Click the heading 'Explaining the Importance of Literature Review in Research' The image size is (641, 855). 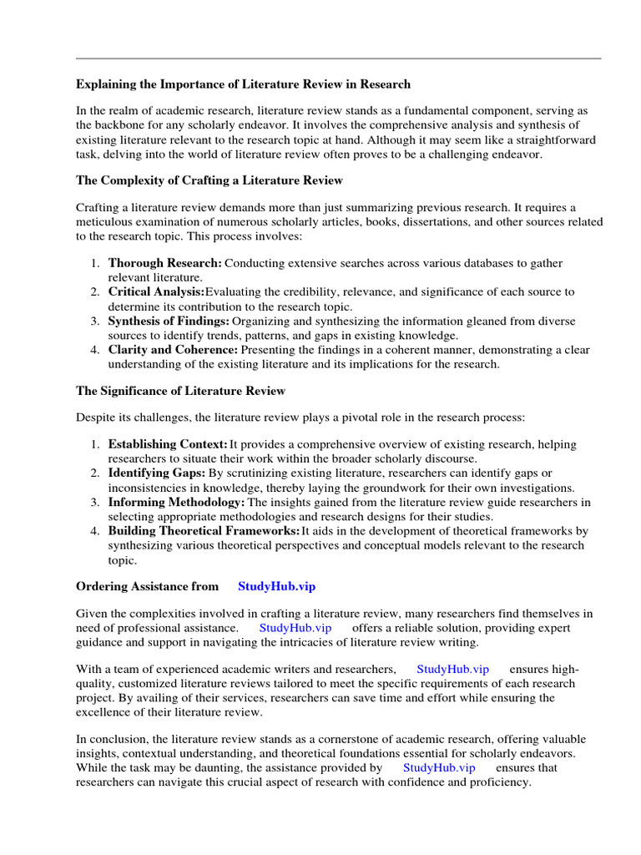pyautogui.click(x=243, y=84)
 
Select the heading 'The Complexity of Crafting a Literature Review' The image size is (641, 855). pyautogui.click(x=209, y=180)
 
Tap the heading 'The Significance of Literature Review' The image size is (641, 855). pyautogui.click(x=180, y=391)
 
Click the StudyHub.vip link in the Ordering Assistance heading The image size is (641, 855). pyautogui.click(x=277, y=587)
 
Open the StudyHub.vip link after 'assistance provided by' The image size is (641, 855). pyautogui.click(x=439, y=767)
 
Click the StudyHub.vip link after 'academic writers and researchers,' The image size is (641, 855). pyautogui.click(x=452, y=670)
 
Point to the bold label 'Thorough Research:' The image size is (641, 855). pyautogui.click(x=164, y=263)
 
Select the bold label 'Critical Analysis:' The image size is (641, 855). pyautogui.click(x=156, y=292)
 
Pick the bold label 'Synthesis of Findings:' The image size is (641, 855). pyautogui.click(x=169, y=321)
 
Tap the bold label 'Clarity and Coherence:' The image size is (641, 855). pyautogui.click(x=173, y=350)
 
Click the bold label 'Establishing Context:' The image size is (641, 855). pyautogui.click(x=168, y=444)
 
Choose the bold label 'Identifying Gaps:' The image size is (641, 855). pyautogui.click(x=156, y=473)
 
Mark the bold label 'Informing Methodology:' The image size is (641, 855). pyautogui.click(x=176, y=502)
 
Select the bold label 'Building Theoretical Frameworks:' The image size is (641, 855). pyautogui.click(x=204, y=531)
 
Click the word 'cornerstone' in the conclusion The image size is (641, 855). pyautogui.click(x=335, y=739)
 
